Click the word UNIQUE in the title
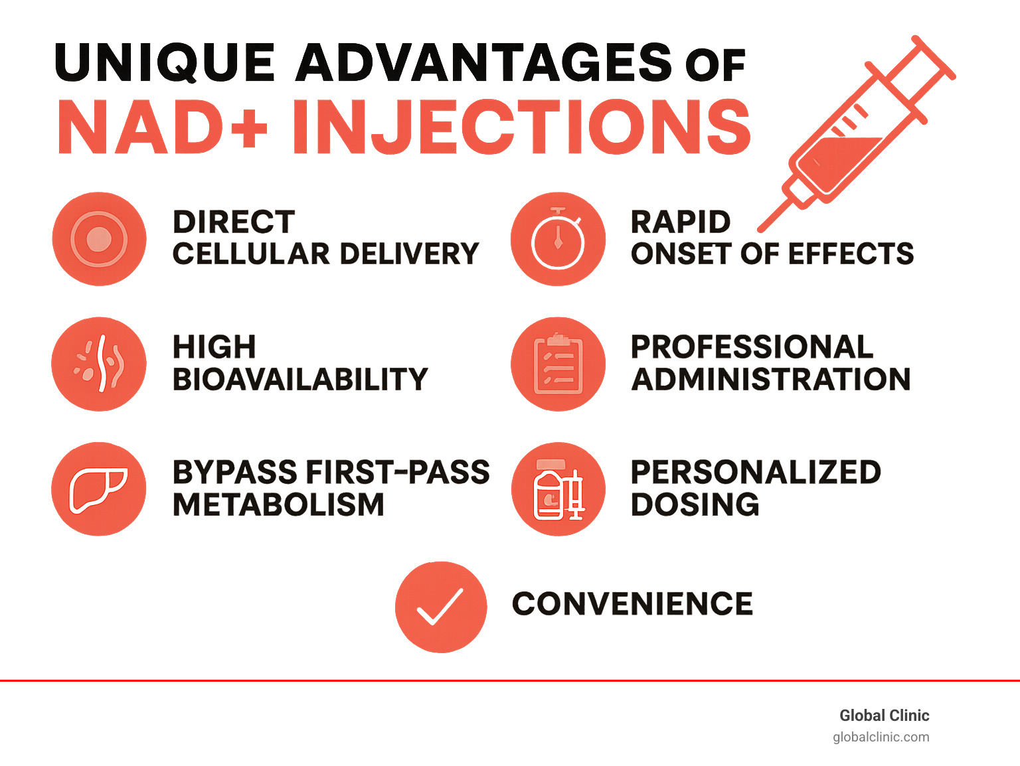coord(165,63)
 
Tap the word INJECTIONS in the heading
coord(521,127)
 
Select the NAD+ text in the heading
coord(163,127)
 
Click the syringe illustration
coord(857,133)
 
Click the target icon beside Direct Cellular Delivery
coord(99,239)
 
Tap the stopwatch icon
coord(558,239)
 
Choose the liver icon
coord(99,489)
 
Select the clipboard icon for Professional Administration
coord(558,364)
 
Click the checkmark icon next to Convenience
coord(440,607)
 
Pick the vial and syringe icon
coord(558,489)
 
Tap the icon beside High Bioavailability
coord(99,364)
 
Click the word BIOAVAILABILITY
coord(300,380)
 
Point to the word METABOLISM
coord(278,505)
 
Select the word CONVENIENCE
coord(632,604)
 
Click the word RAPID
coord(681,222)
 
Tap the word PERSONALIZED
coord(756,473)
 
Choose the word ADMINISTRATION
coord(771,380)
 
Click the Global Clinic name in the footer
coord(884,716)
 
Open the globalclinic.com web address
coord(881,737)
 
